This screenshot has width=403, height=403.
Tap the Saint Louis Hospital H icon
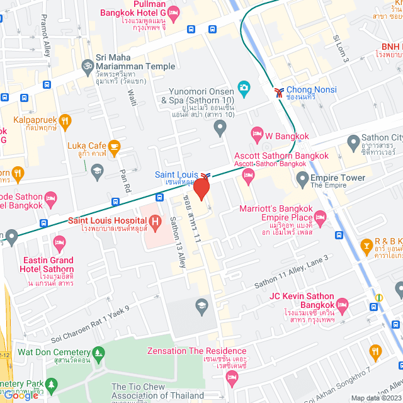[154, 221]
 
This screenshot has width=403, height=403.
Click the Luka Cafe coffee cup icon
[113, 147]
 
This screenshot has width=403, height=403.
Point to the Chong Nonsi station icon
[278, 92]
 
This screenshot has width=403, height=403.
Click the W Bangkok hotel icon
[256, 132]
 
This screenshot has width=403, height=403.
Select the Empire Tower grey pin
[302, 178]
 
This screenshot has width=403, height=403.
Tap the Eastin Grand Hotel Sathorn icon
[60, 242]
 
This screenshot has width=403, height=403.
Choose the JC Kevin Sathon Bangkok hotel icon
[343, 304]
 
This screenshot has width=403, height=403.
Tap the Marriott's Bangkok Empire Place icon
[321, 219]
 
